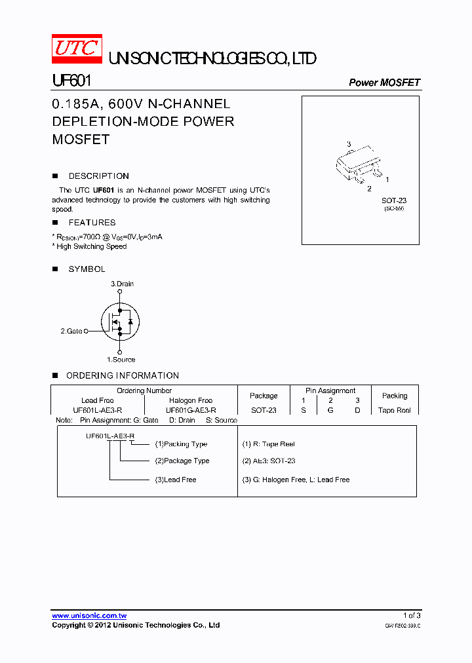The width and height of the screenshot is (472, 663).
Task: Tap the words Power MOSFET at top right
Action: pyautogui.click(x=384, y=83)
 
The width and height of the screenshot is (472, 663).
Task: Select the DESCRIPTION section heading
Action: pyautogui.click(x=98, y=176)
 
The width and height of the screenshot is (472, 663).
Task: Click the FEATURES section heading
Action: pyautogui.click(x=92, y=223)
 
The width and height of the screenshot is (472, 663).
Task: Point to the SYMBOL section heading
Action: pyautogui.click(x=87, y=269)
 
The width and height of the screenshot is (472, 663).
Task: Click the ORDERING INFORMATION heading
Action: pyautogui.click(x=122, y=375)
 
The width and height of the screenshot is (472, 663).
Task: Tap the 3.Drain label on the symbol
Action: pyautogui.click(x=122, y=284)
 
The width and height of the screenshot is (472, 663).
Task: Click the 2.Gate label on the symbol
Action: pyautogui.click(x=71, y=331)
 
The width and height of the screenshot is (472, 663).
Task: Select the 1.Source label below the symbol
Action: pyautogui.click(x=121, y=359)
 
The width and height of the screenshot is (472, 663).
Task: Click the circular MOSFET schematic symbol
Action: pyautogui.click(x=120, y=321)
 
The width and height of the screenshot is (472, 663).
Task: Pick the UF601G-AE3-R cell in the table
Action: pyautogui.click(x=190, y=410)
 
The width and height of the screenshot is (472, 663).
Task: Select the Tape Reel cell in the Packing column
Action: pyautogui.click(x=395, y=410)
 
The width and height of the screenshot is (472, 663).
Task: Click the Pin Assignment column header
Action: pyautogui.click(x=330, y=390)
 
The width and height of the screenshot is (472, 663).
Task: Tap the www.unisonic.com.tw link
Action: pyautogui.click(x=89, y=615)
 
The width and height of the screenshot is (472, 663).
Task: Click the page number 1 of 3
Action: pyautogui.click(x=412, y=615)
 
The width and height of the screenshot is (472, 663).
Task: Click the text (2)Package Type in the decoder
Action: pyautogui.click(x=182, y=461)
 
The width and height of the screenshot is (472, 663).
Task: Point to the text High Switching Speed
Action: pyautogui.click(x=91, y=246)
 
